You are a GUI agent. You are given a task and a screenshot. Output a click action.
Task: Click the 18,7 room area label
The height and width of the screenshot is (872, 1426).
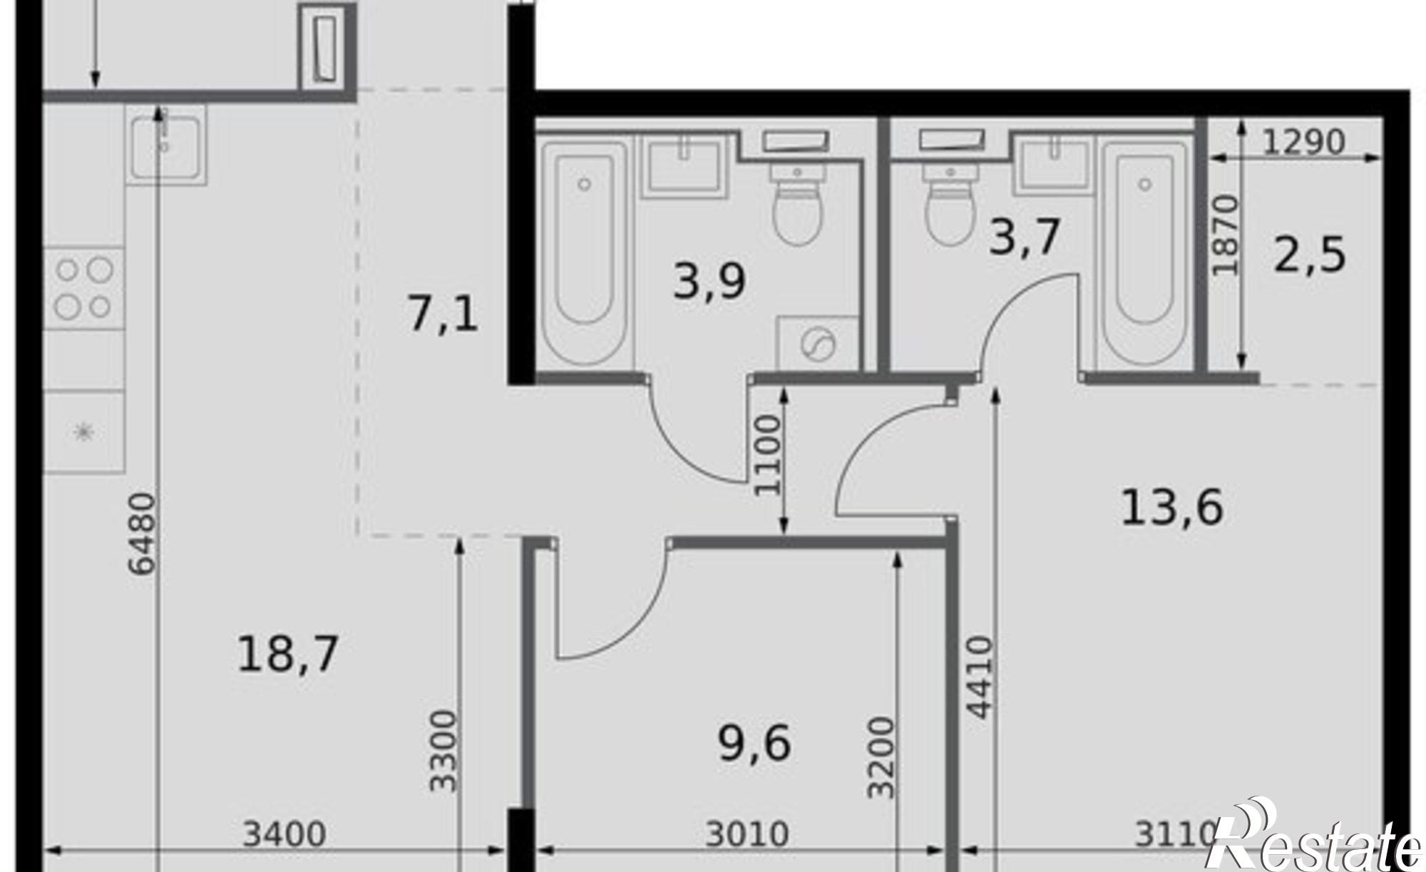287,655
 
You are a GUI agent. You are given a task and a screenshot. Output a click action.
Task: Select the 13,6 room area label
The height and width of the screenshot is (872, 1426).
1172,508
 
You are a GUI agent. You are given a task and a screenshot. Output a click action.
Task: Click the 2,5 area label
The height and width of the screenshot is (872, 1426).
1310,255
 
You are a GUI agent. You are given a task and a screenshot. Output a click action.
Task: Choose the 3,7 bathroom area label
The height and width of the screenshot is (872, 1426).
1025,237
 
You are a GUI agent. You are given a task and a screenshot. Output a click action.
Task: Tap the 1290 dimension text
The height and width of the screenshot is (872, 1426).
1303,143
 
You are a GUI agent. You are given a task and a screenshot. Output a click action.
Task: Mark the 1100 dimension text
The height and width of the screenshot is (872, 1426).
768,456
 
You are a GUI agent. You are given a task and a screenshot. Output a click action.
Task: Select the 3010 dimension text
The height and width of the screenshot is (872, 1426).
747,834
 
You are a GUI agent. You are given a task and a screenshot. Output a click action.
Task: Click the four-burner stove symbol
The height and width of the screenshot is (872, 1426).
84,289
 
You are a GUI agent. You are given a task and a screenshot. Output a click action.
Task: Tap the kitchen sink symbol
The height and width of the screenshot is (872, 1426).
165,145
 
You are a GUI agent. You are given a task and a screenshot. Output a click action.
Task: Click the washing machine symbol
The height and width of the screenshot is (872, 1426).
817,344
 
